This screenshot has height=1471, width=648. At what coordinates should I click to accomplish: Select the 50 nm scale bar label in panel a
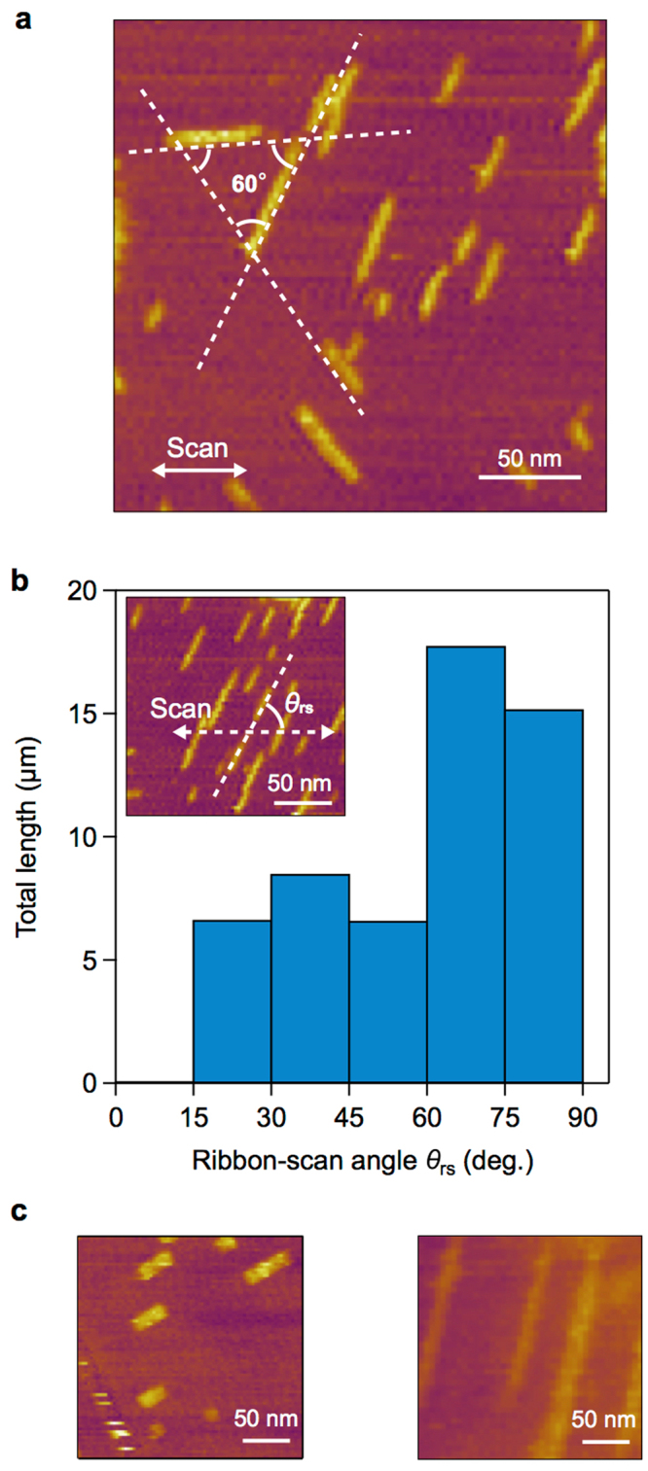tap(530, 457)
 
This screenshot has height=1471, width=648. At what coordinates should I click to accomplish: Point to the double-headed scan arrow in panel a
tap(199, 470)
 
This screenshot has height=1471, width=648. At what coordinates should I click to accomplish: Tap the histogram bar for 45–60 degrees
tap(388, 1000)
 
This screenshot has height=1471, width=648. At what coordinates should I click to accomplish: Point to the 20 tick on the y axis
tap(90, 590)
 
